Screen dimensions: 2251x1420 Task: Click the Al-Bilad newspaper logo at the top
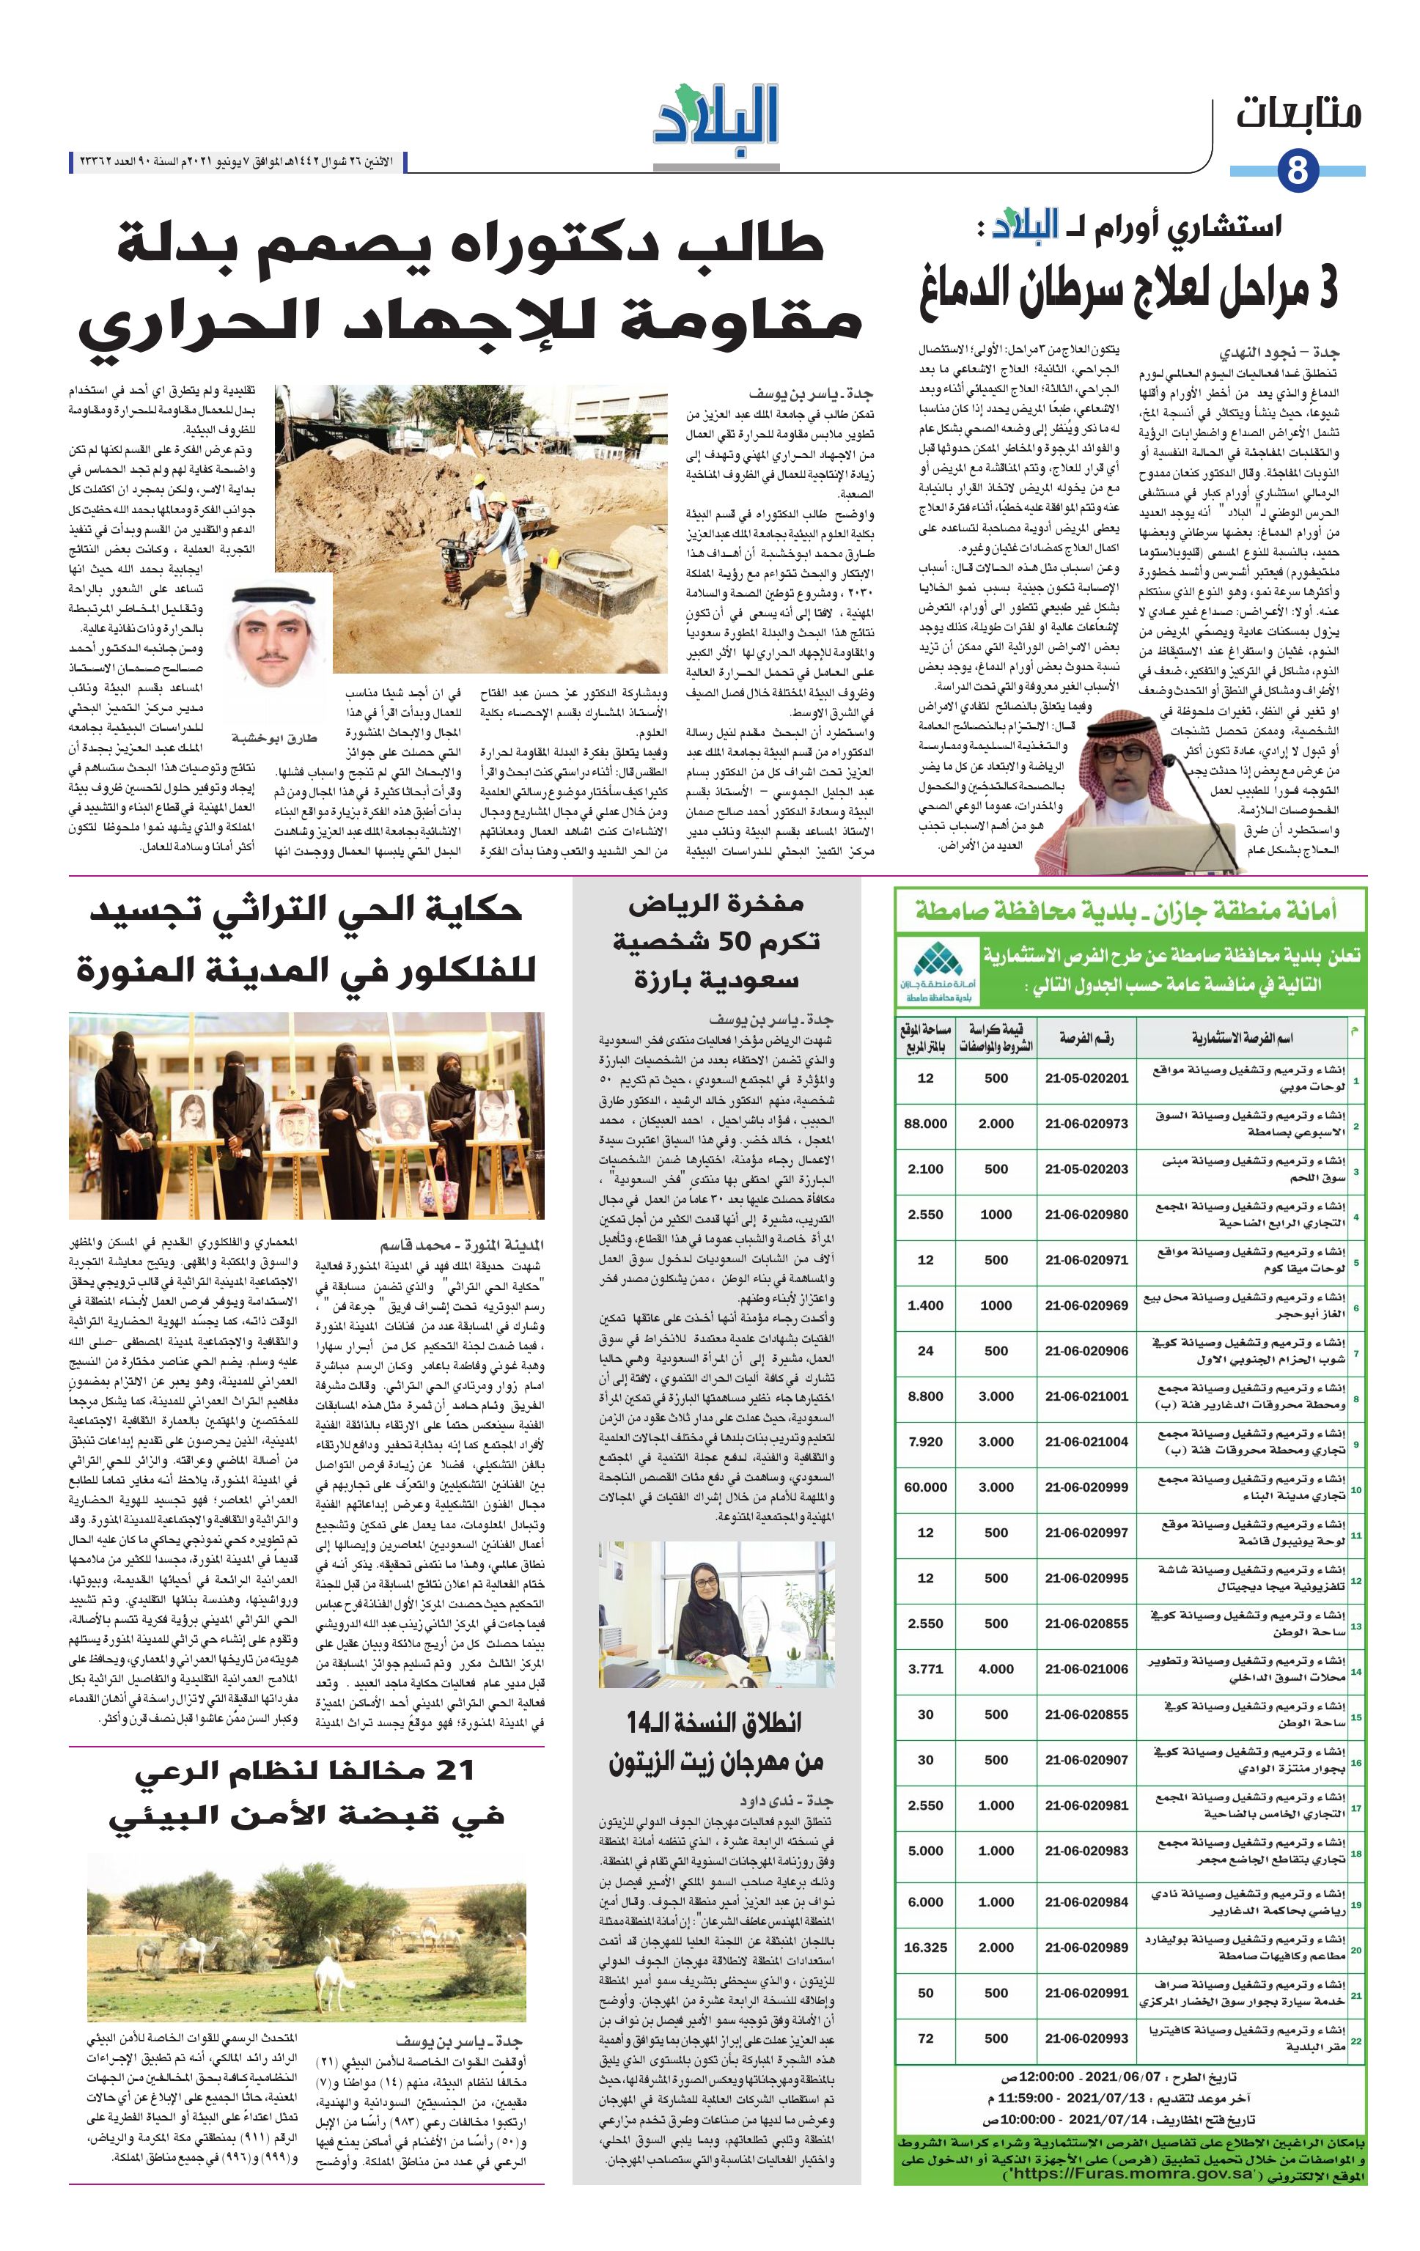(x=717, y=121)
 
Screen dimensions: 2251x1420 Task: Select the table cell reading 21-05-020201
(x=1086, y=1077)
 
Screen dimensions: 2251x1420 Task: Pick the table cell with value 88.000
(x=925, y=1124)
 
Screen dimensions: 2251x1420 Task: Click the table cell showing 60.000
(x=925, y=1487)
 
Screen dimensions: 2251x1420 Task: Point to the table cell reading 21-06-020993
(x=1086, y=2038)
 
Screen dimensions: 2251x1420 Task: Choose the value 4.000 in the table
(x=996, y=1668)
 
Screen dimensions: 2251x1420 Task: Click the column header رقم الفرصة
(x=1086, y=1039)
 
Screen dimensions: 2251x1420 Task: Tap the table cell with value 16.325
(x=925, y=1948)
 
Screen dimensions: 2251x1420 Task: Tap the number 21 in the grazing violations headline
(x=448, y=1769)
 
